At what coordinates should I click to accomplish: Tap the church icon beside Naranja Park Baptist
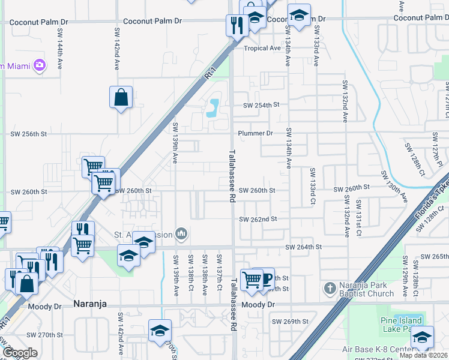click(x=329, y=289)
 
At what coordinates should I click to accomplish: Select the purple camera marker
click(x=40, y=65)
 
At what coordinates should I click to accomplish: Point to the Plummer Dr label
click(x=255, y=133)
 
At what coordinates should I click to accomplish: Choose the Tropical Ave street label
click(x=262, y=48)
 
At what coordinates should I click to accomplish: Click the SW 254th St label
click(x=261, y=105)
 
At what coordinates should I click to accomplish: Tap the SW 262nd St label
click(x=258, y=220)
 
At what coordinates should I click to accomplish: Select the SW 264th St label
click(x=303, y=247)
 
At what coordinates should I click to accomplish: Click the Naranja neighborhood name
click(x=89, y=304)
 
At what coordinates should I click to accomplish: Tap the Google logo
click(x=20, y=353)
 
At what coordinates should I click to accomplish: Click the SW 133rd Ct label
click(x=313, y=187)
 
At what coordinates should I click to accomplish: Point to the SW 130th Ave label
click(x=394, y=187)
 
